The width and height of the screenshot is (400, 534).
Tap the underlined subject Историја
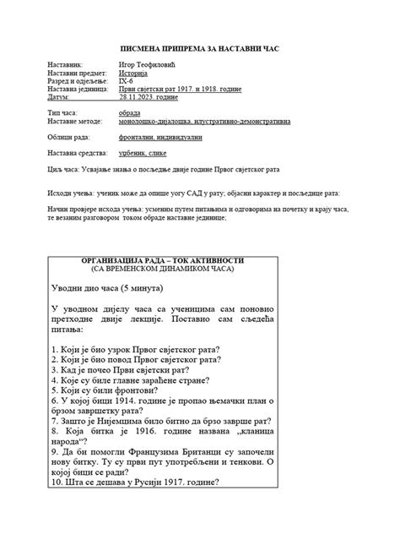[139, 74]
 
